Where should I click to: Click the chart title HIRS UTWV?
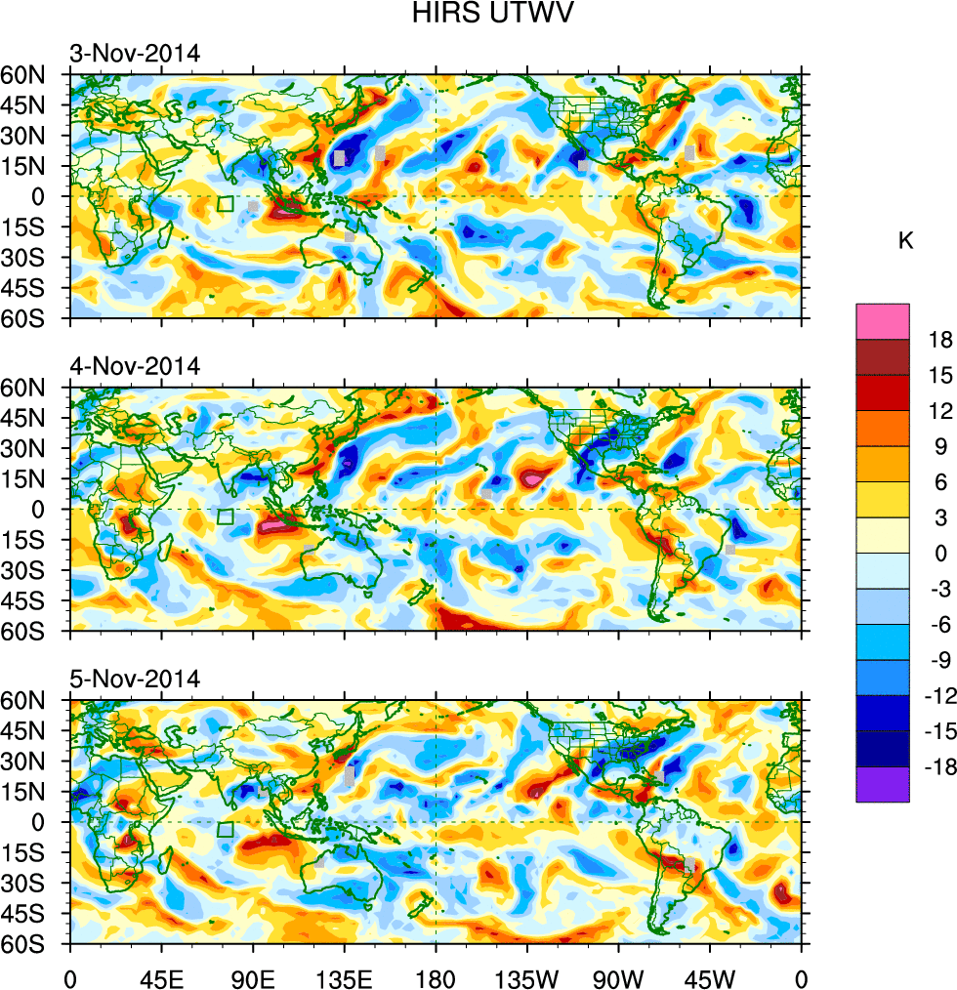(x=478, y=16)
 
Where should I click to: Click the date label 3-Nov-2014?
(x=135, y=53)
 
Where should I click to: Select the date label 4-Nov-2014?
(x=135, y=366)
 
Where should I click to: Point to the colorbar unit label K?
(x=905, y=240)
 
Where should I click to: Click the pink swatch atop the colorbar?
(x=883, y=320)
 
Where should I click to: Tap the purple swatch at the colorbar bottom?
(x=883, y=784)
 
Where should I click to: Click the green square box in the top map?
(x=226, y=204)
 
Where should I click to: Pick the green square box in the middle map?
(x=226, y=517)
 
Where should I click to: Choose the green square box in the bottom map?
(x=226, y=830)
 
